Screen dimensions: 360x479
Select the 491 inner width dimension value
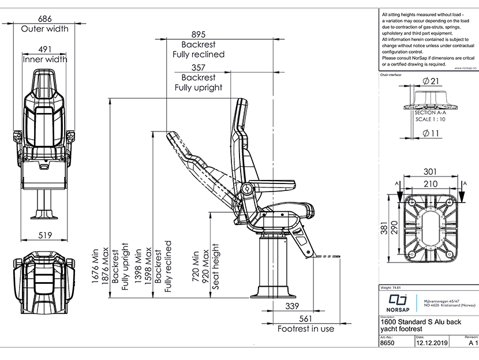(44, 50)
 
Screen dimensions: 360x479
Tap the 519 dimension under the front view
(44, 235)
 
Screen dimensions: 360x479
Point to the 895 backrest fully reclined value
(198, 35)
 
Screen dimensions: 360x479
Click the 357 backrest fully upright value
(198, 67)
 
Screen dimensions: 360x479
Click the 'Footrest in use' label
(305, 329)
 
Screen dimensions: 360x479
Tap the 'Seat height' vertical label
(216, 267)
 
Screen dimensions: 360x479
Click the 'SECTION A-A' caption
(431, 113)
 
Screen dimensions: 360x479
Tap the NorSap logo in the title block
(397, 301)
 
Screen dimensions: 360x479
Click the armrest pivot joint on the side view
(247, 189)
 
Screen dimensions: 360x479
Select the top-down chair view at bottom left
(44, 280)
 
